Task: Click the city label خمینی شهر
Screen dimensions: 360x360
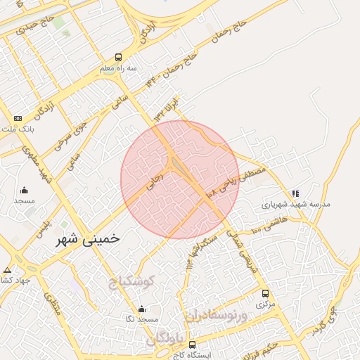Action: (x=87, y=238)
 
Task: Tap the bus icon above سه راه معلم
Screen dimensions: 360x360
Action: (x=118, y=58)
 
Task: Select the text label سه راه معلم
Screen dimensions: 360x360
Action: (x=116, y=69)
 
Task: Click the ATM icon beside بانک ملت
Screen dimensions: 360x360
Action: (x=18, y=117)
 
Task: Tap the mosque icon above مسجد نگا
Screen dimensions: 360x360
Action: (x=142, y=308)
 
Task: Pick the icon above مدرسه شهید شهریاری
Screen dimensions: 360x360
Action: (x=295, y=193)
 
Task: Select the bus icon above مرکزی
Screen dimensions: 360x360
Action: (x=265, y=293)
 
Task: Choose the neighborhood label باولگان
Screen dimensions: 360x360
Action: (x=165, y=340)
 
